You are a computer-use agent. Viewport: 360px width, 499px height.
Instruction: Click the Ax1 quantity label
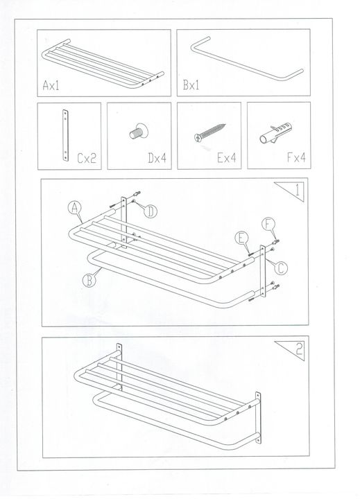51,85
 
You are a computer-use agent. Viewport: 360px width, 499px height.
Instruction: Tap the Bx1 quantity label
191,85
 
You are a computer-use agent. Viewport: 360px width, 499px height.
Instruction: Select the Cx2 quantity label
87,158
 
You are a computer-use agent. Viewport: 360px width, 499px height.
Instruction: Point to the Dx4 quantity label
157,158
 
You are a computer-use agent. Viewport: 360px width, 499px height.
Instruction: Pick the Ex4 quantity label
227,157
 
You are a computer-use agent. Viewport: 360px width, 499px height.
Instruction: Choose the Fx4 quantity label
297,157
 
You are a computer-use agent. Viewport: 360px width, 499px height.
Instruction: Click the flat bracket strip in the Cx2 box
66,136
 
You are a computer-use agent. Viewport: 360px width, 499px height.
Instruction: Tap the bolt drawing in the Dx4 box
139,131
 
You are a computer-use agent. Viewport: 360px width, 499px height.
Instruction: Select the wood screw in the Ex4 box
210,132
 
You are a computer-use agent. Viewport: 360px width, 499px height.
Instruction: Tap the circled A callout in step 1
74,208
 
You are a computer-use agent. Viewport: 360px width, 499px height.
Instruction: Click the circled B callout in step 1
89,281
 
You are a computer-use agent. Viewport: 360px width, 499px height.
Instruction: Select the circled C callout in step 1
281,268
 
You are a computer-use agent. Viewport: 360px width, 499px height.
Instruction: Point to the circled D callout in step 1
151,211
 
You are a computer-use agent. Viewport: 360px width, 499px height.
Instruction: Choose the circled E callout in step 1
241,238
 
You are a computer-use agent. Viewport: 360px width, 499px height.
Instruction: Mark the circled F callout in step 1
268,225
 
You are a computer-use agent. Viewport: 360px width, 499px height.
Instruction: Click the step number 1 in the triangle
298,190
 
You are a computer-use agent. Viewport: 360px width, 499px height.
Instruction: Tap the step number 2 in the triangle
299,349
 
